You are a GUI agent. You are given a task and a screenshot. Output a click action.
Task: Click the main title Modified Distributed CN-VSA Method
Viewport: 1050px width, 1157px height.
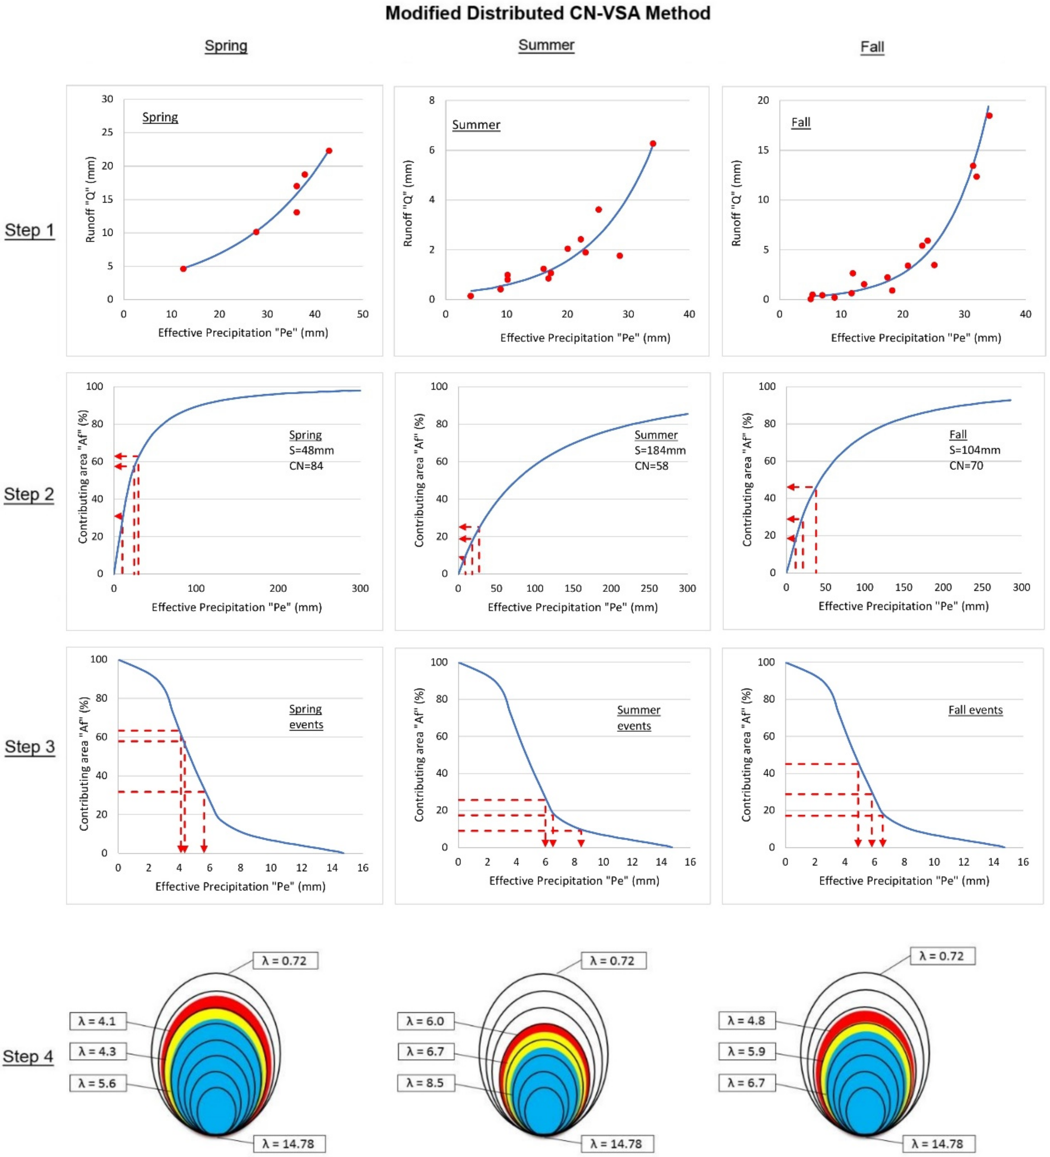547,13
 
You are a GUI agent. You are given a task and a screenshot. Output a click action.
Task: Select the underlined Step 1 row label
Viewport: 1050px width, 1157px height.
29,230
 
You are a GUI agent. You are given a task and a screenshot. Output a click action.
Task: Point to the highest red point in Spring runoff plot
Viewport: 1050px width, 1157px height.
329,151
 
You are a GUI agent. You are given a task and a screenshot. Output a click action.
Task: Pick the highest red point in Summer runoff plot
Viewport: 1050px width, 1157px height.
652,143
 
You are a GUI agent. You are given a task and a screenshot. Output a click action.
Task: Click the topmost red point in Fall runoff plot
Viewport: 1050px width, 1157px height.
989,115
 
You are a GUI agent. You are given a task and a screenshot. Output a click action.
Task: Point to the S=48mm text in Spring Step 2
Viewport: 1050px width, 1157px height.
311,451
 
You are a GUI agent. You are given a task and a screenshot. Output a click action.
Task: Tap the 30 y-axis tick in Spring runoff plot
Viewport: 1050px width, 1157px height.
107,99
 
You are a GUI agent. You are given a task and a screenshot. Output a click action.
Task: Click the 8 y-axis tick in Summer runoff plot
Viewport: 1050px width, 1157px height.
432,101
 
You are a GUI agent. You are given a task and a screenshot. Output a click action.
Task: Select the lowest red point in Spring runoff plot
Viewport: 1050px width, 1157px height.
183,269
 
